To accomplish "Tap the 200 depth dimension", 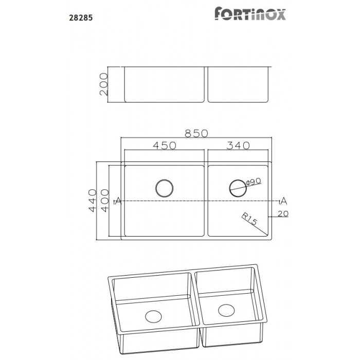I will pyautogui.click(x=103, y=84).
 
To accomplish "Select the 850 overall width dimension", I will pyautogui.click(x=196, y=133).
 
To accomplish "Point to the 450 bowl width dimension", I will pyautogui.click(x=165, y=146).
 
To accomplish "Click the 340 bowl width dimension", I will pyautogui.click(x=238, y=146).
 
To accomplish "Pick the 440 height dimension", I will pyautogui.click(x=93, y=201).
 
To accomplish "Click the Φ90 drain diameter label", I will pyautogui.click(x=254, y=182).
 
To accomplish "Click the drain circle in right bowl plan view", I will pyautogui.click(x=237, y=187).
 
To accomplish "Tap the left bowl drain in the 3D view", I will pyautogui.click(x=153, y=316).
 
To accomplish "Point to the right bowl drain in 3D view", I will pyautogui.click(x=225, y=310).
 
